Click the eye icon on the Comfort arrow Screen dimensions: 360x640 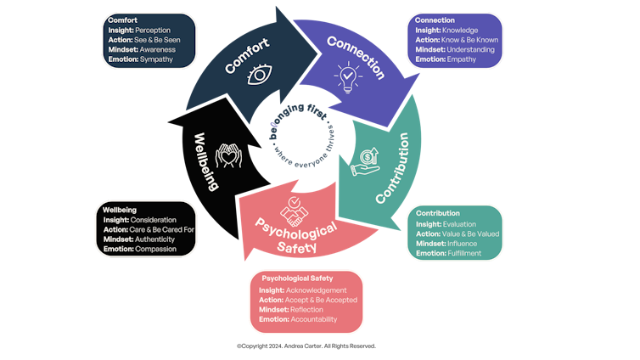tap(260, 76)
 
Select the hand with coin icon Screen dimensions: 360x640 tap(368, 161)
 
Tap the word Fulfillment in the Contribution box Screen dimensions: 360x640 tap(463, 253)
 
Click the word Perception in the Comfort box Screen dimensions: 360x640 tap(153, 31)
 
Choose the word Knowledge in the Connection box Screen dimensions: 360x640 tap(461, 29)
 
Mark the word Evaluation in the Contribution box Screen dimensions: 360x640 tap(460, 224)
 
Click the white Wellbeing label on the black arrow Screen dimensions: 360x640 tap(207, 160)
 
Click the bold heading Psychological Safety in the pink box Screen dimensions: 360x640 tap(297, 278)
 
